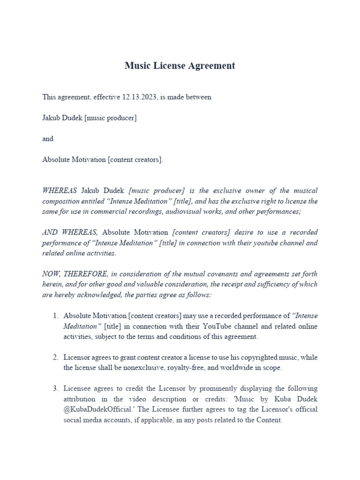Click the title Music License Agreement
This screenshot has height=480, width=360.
coord(180,66)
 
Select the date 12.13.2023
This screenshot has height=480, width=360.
coord(139,97)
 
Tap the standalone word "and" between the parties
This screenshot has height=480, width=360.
coord(48,139)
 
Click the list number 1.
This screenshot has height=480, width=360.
coord(55,316)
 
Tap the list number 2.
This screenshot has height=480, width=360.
coord(55,358)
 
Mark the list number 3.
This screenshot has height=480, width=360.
coord(55,389)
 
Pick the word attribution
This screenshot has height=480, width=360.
coord(79,399)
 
